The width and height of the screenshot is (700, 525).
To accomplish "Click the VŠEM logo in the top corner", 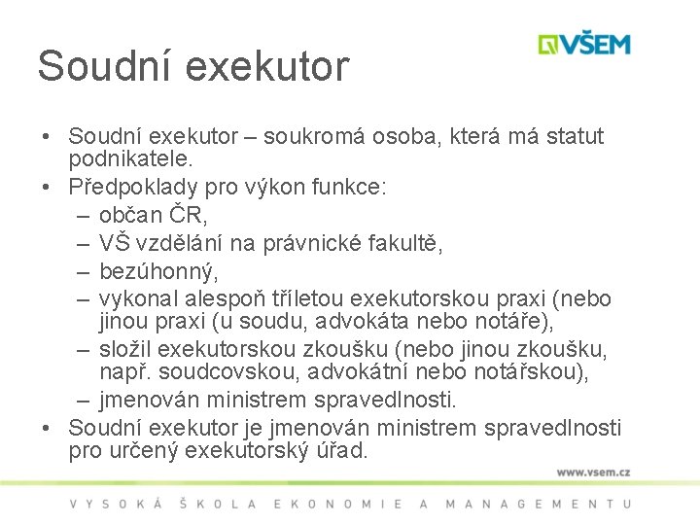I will pyautogui.click(x=585, y=45).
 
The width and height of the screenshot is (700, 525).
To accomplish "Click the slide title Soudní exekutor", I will pyautogui.click(x=192, y=66).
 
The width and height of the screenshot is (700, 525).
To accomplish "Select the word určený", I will pyautogui.click(x=145, y=451).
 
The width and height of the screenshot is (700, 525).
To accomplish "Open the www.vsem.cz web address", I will pyautogui.click(x=593, y=472).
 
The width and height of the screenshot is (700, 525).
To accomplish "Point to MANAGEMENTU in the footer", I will pyautogui.click(x=537, y=504).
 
